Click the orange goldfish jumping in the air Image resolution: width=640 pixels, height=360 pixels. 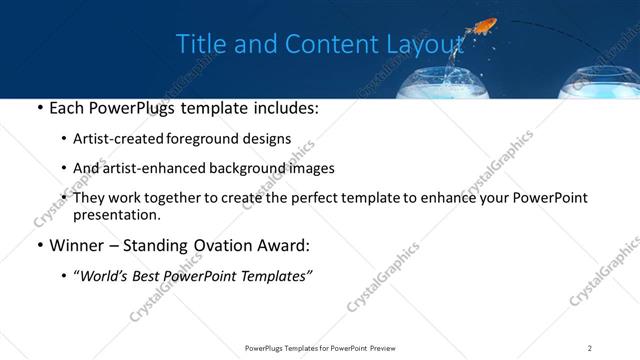tap(488, 23)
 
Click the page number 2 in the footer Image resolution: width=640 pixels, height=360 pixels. tap(590, 348)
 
